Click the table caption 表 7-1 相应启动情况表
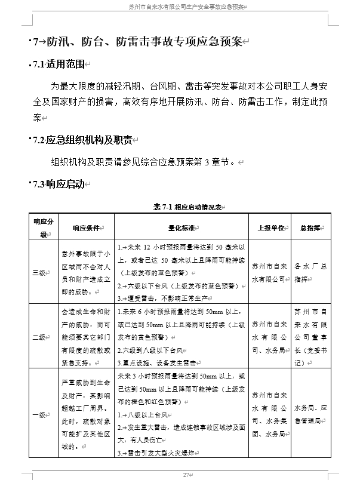186,207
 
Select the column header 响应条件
86,227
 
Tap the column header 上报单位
269,227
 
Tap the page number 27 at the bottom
186,474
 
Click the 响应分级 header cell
43,227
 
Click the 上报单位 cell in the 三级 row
269,272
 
